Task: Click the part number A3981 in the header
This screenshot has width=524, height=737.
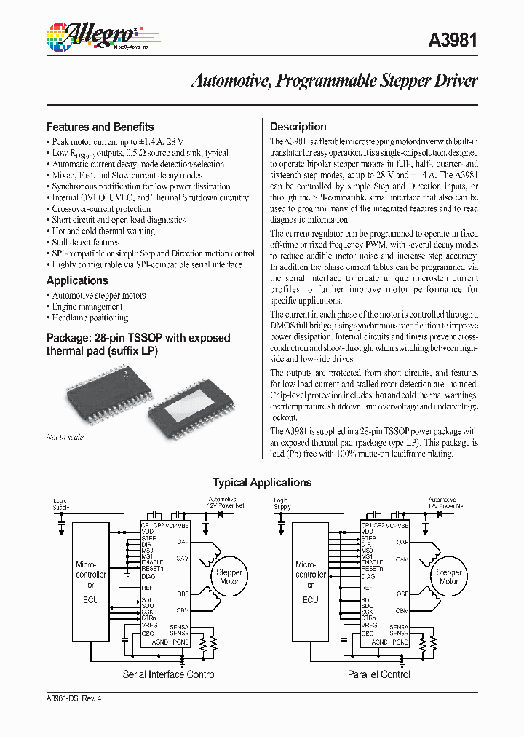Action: [453, 41]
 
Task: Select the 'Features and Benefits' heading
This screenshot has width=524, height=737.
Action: [100, 127]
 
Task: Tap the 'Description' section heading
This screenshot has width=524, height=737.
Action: [298, 127]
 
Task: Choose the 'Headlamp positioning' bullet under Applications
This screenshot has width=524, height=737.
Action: [90, 318]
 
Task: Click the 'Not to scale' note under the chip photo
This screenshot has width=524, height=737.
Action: [65, 438]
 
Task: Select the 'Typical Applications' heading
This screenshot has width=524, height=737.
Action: [262, 483]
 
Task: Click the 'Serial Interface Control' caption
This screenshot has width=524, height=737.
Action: [170, 674]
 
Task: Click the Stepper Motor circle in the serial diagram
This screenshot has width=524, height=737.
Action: [229, 577]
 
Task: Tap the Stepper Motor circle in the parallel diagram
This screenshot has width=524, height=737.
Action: [448, 577]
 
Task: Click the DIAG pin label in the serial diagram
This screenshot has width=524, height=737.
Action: [149, 576]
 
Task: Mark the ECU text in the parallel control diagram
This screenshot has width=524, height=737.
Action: [311, 600]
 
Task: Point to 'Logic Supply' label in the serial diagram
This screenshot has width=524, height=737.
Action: [61, 503]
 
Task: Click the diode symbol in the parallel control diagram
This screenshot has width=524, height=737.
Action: [440, 513]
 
